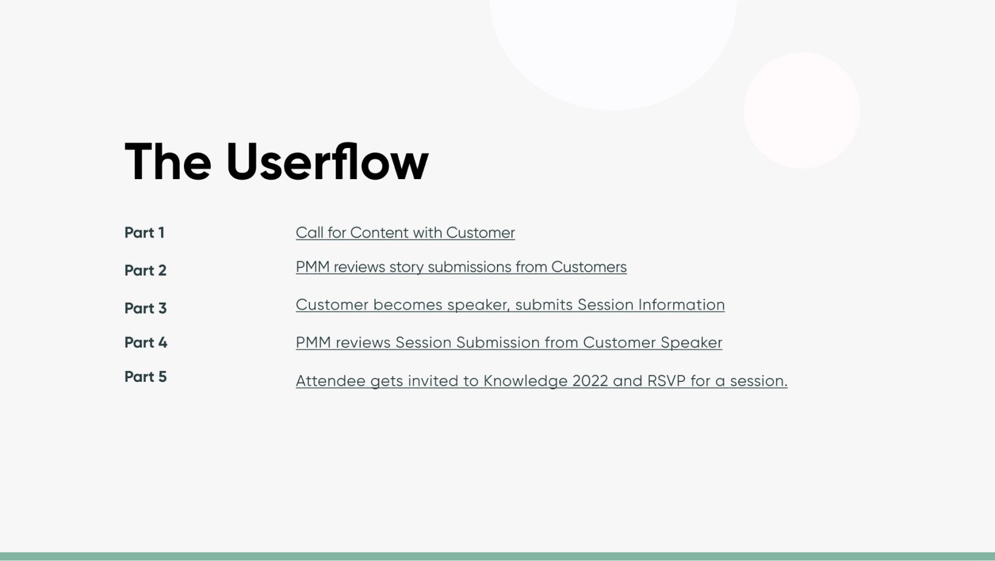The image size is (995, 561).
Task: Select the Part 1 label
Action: coord(144,233)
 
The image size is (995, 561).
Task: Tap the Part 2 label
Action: coord(146,270)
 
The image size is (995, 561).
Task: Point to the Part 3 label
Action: coord(146,308)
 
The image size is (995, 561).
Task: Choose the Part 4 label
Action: coord(146,342)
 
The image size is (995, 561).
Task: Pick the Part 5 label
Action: coord(146,376)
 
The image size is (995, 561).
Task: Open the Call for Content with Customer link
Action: coord(405,233)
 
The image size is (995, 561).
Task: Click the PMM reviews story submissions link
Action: coord(461,267)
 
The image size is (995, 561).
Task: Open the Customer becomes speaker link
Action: coord(510,305)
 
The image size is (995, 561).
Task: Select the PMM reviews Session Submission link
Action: coord(509,343)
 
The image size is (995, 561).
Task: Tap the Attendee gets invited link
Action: coord(542,381)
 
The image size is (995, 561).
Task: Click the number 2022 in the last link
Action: coord(590,381)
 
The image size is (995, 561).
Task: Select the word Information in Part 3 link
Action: coord(682,304)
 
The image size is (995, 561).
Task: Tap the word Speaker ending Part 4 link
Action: coord(691,343)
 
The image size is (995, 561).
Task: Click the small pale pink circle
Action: coord(802,110)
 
